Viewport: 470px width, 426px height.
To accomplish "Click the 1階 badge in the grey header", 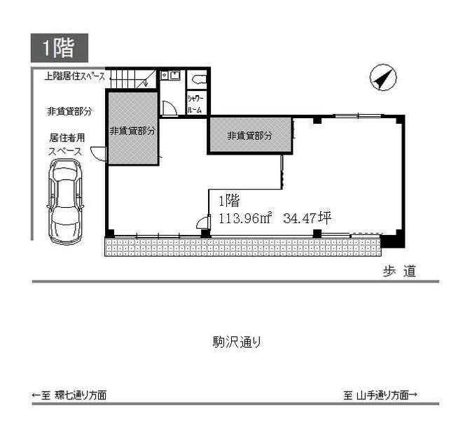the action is [x=60, y=48].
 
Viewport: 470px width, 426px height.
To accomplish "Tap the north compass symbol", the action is [x=382, y=77].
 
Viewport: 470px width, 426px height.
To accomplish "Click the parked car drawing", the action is [x=65, y=201].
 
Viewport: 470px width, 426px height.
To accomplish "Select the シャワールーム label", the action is [x=195, y=104].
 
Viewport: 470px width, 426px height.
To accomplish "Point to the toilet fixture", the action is [x=200, y=79].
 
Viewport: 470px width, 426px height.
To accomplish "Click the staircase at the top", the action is [x=133, y=79].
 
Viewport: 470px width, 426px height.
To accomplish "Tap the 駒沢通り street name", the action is [x=237, y=342].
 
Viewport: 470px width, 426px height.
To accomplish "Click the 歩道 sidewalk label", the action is [x=399, y=271].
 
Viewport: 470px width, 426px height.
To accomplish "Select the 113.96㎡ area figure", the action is [x=245, y=218].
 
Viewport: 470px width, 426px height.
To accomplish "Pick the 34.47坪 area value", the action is [x=307, y=218].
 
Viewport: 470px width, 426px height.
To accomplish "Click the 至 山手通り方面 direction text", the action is [x=380, y=395].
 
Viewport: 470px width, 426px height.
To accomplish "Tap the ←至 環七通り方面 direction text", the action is [x=69, y=395].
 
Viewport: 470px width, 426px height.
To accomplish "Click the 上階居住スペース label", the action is [x=75, y=76].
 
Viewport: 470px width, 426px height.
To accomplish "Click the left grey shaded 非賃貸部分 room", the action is [x=133, y=128].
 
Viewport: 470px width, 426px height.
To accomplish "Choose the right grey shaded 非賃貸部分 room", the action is [x=249, y=135].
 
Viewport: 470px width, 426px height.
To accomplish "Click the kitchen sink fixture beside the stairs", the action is [x=170, y=75].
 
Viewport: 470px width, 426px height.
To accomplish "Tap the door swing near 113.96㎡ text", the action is [x=204, y=222].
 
